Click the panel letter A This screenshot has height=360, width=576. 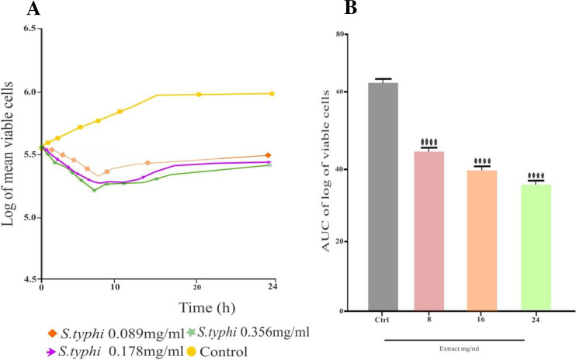[x=12, y=9]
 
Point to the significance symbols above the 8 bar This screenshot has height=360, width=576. [x=429, y=142]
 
